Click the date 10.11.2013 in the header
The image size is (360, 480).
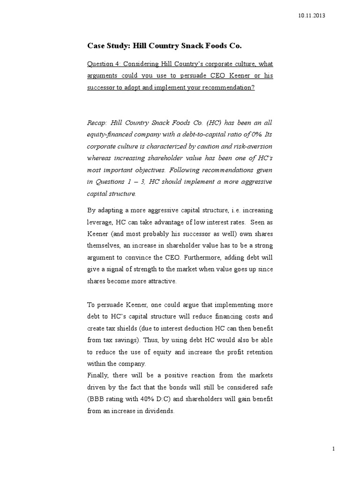click(x=311, y=16)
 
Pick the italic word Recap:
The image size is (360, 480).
click(x=97, y=123)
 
